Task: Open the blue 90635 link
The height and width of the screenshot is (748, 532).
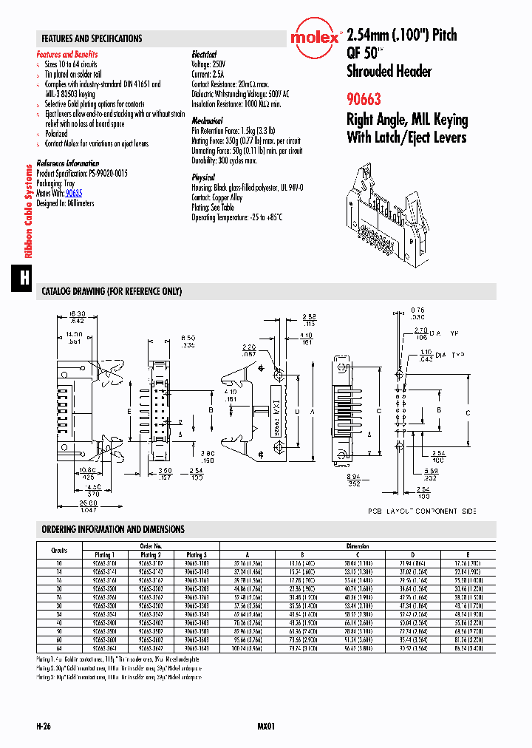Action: pos(74,193)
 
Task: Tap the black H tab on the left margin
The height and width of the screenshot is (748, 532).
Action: pos(24,278)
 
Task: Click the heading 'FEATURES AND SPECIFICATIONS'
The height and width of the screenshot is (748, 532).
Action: pos(92,38)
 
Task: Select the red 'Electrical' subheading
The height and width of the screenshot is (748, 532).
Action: pos(204,55)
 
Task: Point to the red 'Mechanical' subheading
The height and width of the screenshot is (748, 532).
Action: pos(207,120)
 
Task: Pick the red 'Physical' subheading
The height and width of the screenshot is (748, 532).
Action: pos(203,177)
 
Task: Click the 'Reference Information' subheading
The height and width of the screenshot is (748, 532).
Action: pos(67,163)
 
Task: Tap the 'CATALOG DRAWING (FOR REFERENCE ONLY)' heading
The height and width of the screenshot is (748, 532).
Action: pos(112,292)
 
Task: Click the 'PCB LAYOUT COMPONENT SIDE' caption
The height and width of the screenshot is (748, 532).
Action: pos(422,511)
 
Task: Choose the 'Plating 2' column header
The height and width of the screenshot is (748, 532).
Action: pos(150,554)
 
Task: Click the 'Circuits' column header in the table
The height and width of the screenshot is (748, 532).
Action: pos(59,550)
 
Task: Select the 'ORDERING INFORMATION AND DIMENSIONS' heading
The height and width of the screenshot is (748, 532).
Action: pos(113,529)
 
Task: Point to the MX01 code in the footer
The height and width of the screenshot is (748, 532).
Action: pos(266,727)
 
